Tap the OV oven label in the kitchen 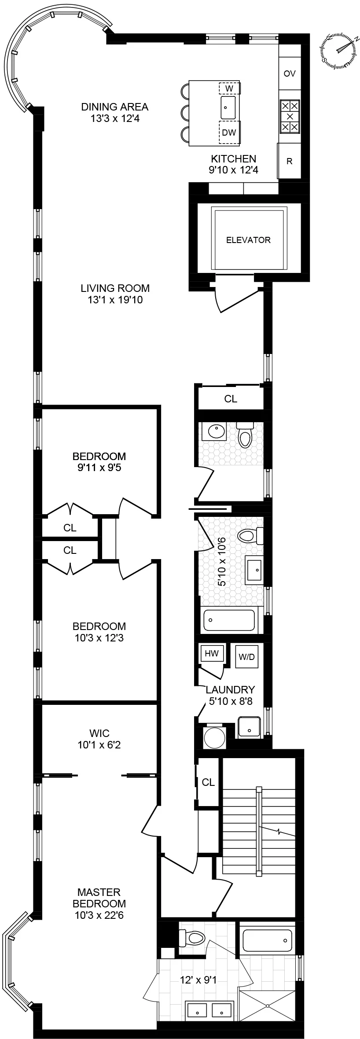tap(290, 74)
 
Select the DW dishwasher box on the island tap(229, 133)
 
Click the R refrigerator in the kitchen tap(290, 161)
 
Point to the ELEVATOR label tap(248, 240)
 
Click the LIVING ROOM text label tap(115, 288)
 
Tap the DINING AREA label tap(114, 107)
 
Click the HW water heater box tap(212, 654)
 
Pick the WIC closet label tap(99, 733)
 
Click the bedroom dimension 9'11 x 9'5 tap(99, 468)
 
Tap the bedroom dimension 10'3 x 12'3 tap(99, 637)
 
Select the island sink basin tap(228, 107)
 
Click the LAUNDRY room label tap(231, 690)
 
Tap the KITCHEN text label tap(233, 158)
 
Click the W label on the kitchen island tap(229, 88)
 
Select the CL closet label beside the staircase tap(208, 782)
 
